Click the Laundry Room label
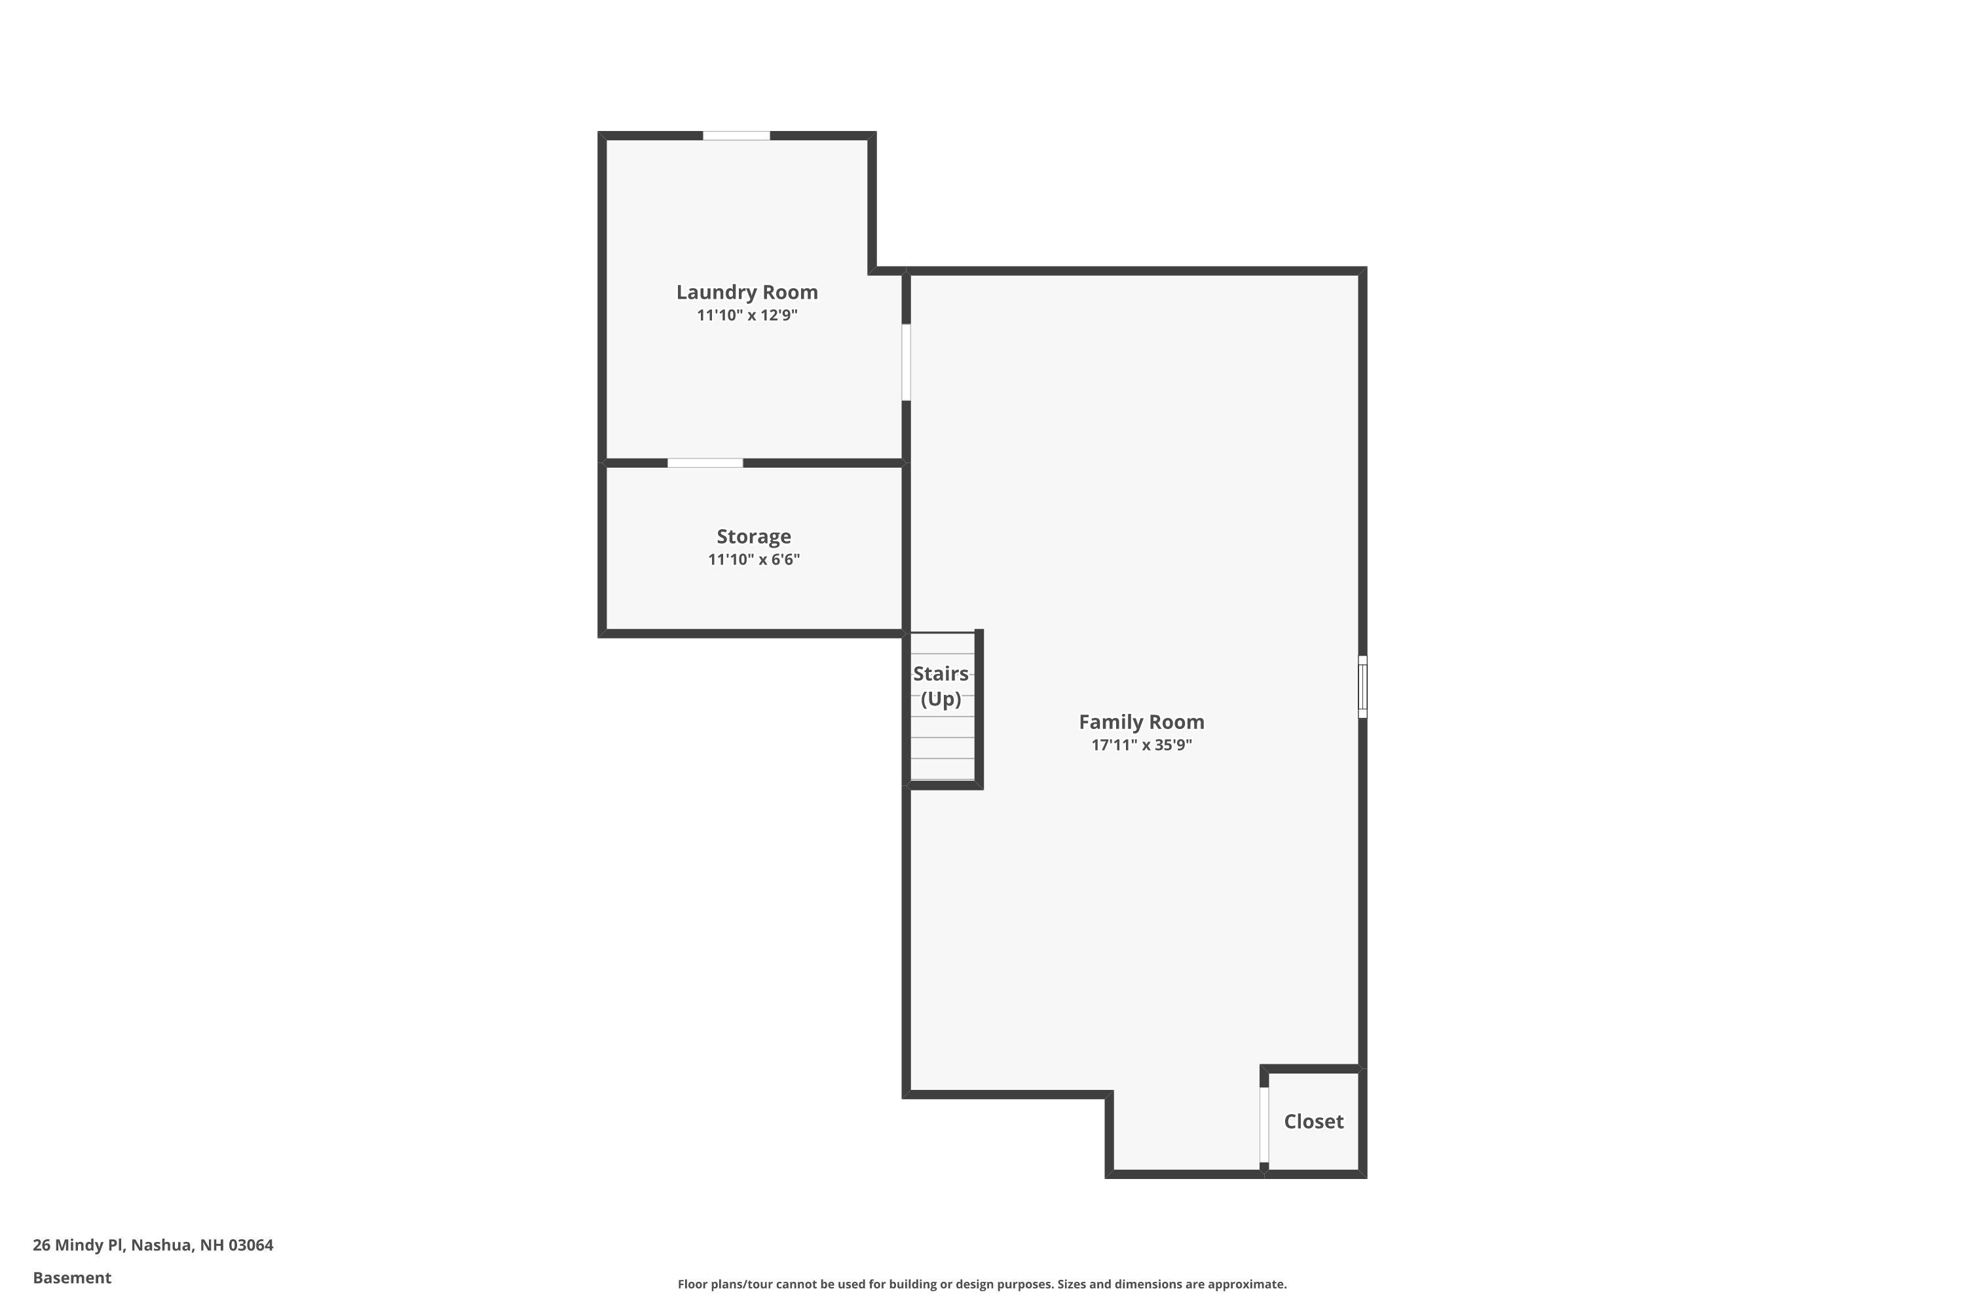tap(747, 292)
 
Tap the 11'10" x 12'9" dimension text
tap(747, 315)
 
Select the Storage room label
tap(754, 536)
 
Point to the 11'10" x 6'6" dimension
tap(754, 559)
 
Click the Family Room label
tap(1141, 722)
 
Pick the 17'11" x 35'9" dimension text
tap(1141, 744)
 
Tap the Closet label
tap(1313, 1121)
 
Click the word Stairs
tap(941, 673)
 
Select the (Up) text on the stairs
tap(941, 698)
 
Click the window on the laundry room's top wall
tap(736, 136)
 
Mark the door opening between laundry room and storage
tap(705, 463)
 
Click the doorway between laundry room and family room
tap(907, 363)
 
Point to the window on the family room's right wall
tap(1362, 686)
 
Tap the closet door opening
tap(1264, 1125)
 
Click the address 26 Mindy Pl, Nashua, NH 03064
tap(153, 1245)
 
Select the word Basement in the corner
tap(72, 1277)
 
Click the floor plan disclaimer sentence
tap(982, 1284)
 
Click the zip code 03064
tap(251, 1245)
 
